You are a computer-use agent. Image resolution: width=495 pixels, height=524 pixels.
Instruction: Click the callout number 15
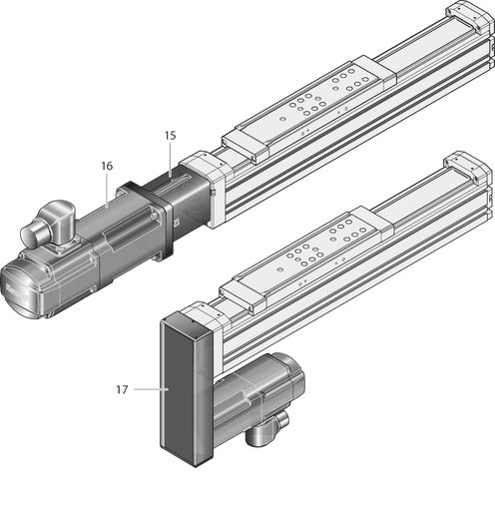(170, 136)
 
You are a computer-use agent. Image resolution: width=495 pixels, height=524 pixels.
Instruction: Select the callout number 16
(107, 166)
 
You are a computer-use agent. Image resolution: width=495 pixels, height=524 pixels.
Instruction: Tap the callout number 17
(122, 389)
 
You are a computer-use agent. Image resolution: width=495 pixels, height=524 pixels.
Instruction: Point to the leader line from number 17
(151, 389)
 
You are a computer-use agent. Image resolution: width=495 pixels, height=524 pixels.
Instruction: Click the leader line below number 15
(170, 160)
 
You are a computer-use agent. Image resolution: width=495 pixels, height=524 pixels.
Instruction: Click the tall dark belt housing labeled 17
(187, 392)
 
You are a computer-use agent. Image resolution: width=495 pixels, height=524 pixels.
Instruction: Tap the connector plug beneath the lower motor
(266, 430)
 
